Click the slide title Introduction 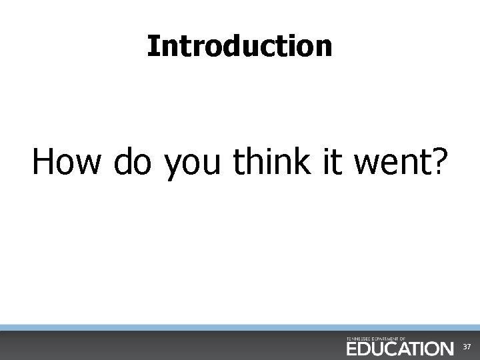[239, 46]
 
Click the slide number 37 [467, 348]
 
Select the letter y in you [173, 167]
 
